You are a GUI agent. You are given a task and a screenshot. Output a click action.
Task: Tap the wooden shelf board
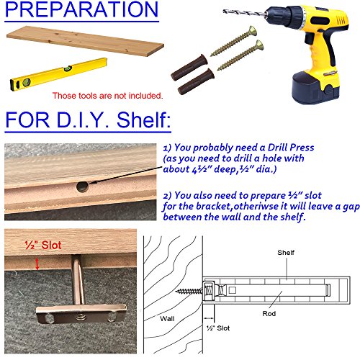85,41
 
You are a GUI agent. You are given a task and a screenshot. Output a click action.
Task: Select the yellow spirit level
58,74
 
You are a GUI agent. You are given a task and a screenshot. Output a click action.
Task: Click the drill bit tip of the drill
224,11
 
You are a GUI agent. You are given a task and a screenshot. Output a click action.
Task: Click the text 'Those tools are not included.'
107,96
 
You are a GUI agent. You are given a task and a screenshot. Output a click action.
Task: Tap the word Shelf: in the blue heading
143,120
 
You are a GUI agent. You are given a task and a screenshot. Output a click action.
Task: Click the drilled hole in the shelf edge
82,186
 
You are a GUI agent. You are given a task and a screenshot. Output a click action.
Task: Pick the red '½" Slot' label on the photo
43,246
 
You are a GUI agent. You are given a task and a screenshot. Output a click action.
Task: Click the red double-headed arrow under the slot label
37,264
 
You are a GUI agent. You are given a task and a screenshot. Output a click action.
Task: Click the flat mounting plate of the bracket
81,314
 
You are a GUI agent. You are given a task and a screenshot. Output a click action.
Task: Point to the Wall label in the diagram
167,319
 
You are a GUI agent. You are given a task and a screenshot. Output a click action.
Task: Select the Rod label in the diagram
269,314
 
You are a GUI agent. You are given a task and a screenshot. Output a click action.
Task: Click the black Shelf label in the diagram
286,253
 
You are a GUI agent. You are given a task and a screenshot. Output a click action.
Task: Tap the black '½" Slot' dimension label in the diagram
218,328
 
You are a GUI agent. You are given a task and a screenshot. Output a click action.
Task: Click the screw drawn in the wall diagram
189,292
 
